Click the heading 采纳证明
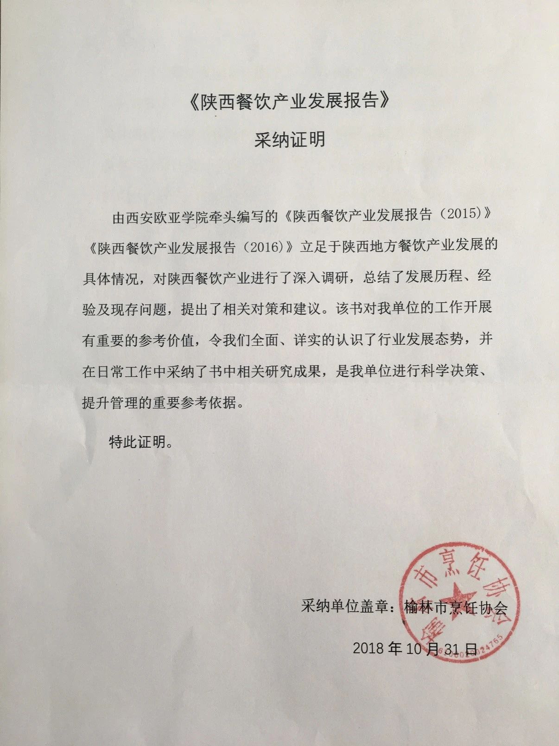(x=289, y=139)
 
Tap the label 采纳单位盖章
(x=344, y=607)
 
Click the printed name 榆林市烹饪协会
(x=456, y=607)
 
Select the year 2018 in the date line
(x=368, y=648)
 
